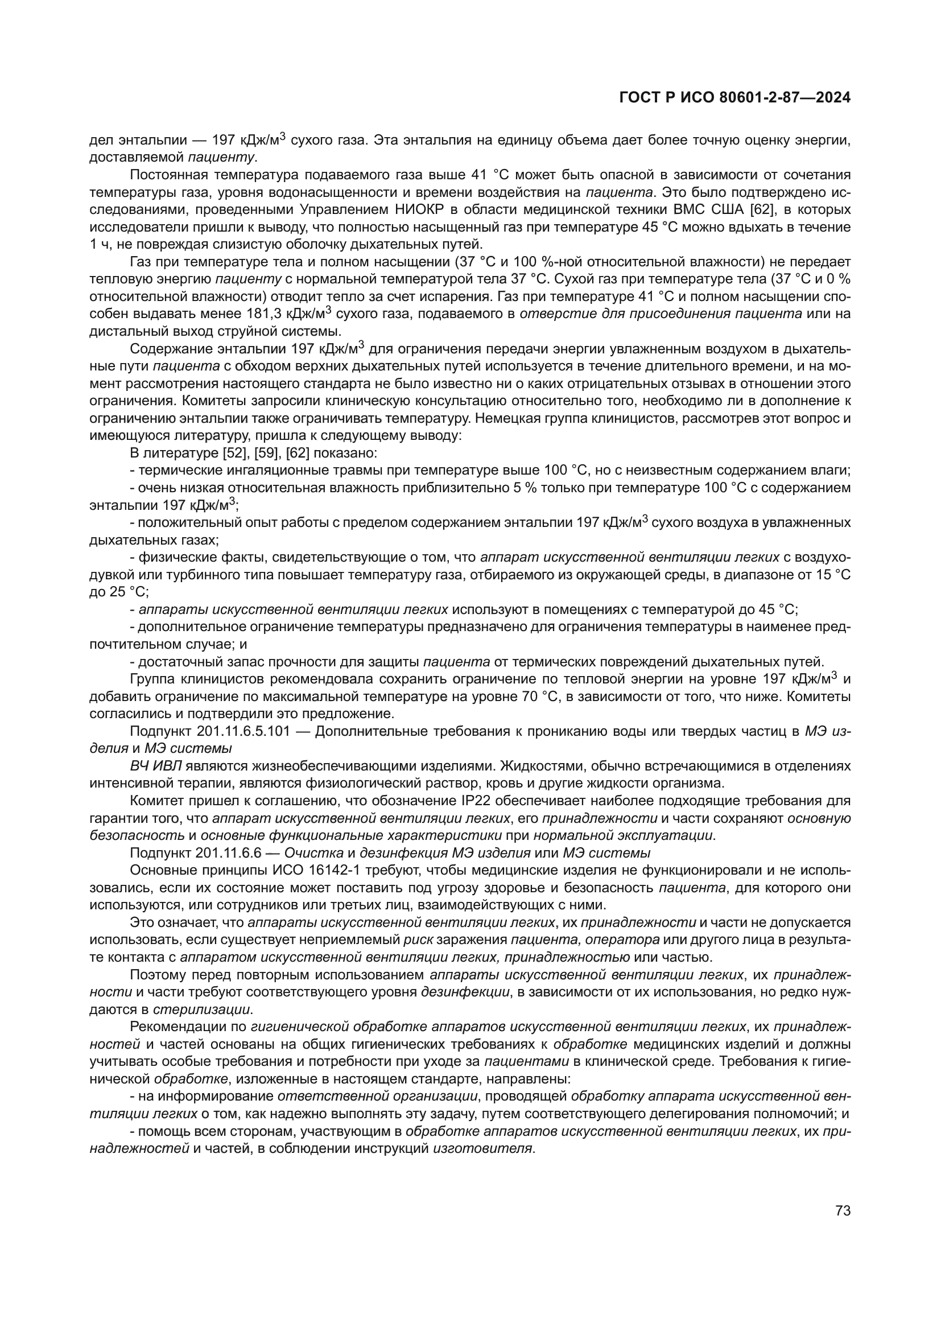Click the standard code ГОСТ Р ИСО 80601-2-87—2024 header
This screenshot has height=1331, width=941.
click(x=734, y=98)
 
